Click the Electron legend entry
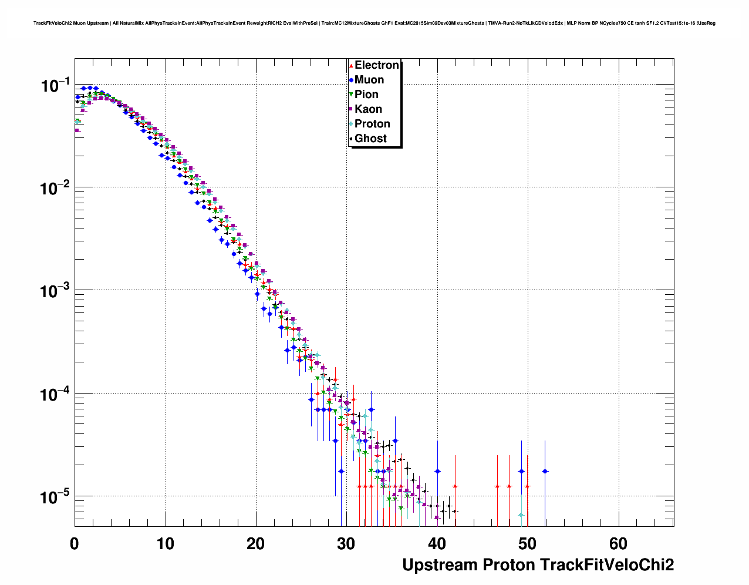click(x=376, y=65)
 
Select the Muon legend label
click(x=369, y=80)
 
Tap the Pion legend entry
click(x=366, y=95)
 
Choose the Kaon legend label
click(x=368, y=109)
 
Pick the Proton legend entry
click(x=372, y=124)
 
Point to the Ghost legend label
click(x=370, y=139)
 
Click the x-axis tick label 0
click(x=75, y=544)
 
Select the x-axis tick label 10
click(x=165, y=544)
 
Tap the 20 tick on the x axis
click(x=255, y=544)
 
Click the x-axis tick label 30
click(x=346, y=544)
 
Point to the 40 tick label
click(x=437, y=544)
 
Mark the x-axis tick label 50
click(x=528, y=544)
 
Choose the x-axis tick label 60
click(x=618, y=544)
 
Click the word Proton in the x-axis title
click(x=508, y=565)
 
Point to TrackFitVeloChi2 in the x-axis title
click(x=607, y=565)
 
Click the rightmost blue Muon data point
click(x=545, y=471)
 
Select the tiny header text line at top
click(x=374, y=23)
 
